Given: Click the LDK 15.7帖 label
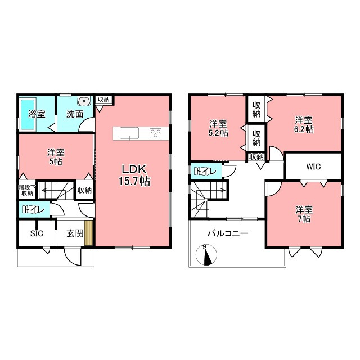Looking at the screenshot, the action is tap(134, 175).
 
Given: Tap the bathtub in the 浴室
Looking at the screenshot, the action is tap(28, 114).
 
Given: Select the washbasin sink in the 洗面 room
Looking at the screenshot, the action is tap(84, 101).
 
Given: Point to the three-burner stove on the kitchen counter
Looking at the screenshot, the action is tap(155, 133).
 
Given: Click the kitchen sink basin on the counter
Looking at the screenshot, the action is tap(129, 133).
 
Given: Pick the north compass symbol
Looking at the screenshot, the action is tap(206, 255).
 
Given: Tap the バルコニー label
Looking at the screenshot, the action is tap(228, 234).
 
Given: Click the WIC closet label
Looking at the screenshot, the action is tap(313, 166).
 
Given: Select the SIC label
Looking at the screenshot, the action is tap(37, 233).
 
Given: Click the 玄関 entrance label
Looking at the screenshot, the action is tap(75, 234).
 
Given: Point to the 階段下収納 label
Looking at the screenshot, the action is tap(27, 190).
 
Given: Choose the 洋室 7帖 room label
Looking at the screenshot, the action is tap(304, 214).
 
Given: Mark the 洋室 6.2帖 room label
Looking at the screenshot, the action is tap(304, 124).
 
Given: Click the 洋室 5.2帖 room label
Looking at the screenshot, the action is tap(218, 128).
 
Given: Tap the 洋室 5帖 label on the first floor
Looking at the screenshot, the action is tap(56, 157).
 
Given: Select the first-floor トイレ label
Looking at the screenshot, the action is tap(33, 210).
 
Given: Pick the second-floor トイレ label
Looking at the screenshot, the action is tap(205, 171).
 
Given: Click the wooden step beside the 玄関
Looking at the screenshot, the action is tap(88, 233).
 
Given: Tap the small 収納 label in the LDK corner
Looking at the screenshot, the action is tap(103, 100).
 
